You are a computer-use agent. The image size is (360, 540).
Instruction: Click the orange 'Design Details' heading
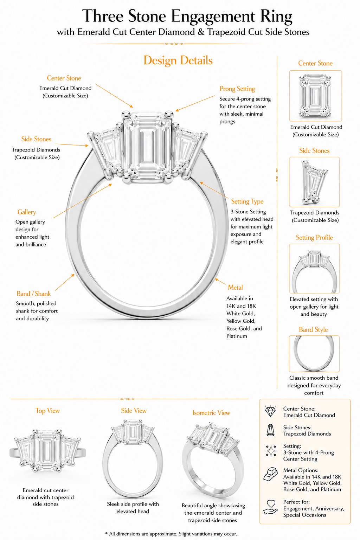(x=178, y=60)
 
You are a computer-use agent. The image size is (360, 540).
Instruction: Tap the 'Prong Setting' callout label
(x=237, y=89)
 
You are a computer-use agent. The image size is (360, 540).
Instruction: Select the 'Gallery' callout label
(x=27, y=212)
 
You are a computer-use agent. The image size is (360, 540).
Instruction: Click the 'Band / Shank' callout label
(x=33, y=294)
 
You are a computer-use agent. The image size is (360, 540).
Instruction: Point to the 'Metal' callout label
(x=235, y=287)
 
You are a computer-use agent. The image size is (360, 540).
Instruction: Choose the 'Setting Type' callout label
(x=247, y=201)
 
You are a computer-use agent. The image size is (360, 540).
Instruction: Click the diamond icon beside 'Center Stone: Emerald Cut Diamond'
(x=270, y=411)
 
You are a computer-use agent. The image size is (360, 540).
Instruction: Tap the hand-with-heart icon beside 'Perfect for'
(x=270, y=507)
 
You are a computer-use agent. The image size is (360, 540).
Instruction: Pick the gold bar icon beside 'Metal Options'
(x=270, y=474)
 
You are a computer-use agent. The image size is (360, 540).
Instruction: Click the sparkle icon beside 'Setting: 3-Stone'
(x=271, y=451)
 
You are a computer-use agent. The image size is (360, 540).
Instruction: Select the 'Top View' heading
(x=47, y=411)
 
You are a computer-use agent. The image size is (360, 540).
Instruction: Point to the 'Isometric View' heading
(x=211, y=413)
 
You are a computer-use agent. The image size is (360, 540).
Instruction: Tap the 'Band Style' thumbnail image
(x=314, y=354)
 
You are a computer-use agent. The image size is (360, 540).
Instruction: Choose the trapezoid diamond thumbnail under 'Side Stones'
(x=314, y=182)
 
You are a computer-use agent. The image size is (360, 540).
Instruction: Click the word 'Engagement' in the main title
(x=213, y=17)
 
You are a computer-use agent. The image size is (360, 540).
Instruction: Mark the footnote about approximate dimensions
(x=171, y=534)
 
